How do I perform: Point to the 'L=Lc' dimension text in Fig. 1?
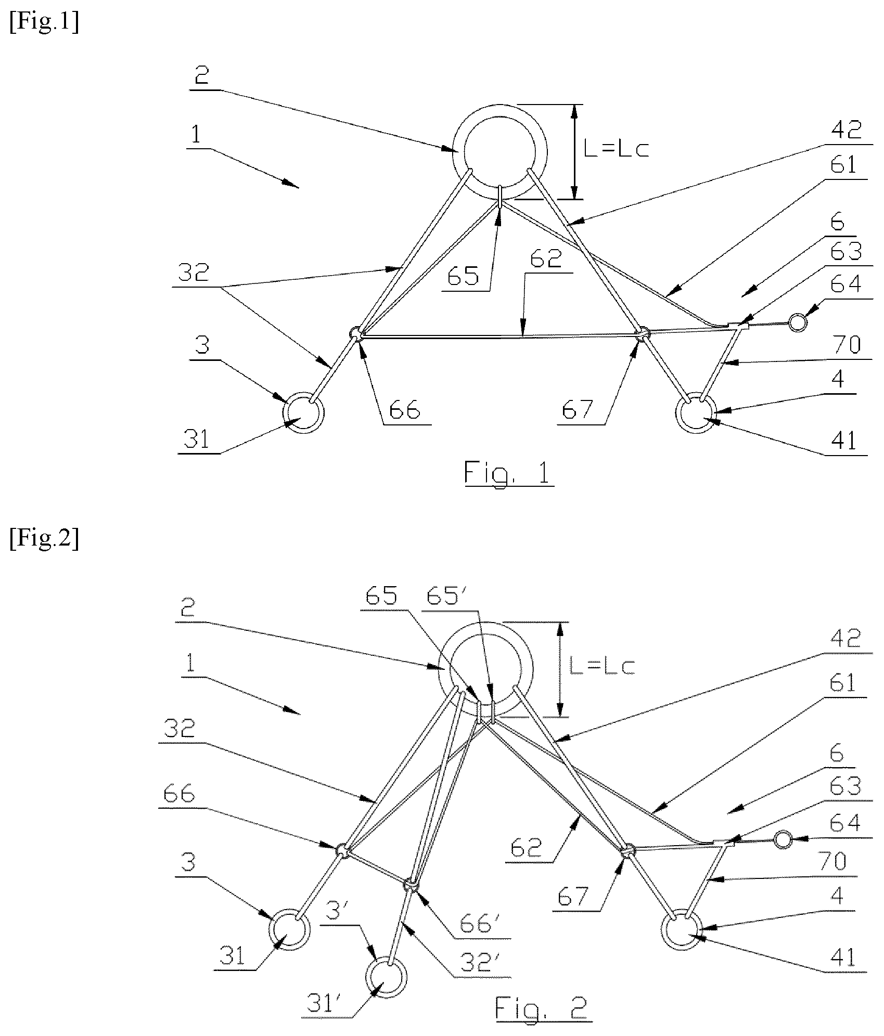pyautogui.click(x=616, y=150)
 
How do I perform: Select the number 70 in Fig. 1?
pyautogui.click(x=846, y=345)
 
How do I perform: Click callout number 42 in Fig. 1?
pyautogui.click(x=846, y=130)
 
